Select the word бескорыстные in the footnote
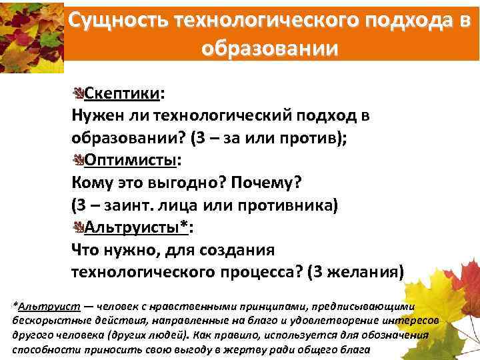tap(44, 320)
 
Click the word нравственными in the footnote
tap(180, 306)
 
